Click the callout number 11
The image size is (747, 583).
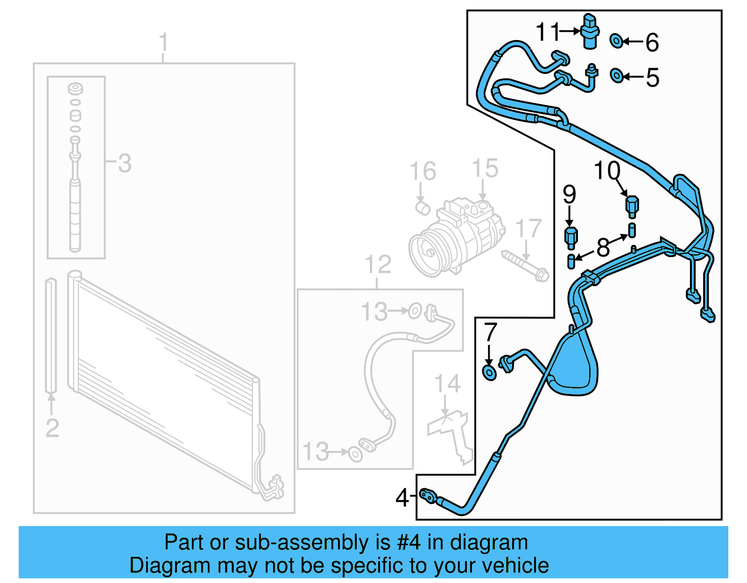tap(547, 32)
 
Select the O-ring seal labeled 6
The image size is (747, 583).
tap(616, 41)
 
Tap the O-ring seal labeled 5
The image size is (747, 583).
tap(617, 75)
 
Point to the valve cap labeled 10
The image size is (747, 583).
tap(632, 206)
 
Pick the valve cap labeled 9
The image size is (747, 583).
tap(571, 238)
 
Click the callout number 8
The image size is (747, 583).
tap(603, 247)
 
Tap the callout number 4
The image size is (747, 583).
tap(402, 498)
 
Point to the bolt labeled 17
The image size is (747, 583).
tap(525, 266)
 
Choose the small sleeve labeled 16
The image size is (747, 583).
tap(423, 207)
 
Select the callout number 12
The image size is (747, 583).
tap(378, 265)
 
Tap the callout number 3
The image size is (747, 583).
tap(124, 163)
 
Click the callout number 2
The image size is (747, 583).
tap(52, 428)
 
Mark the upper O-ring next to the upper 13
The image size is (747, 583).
tap(415, 311)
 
